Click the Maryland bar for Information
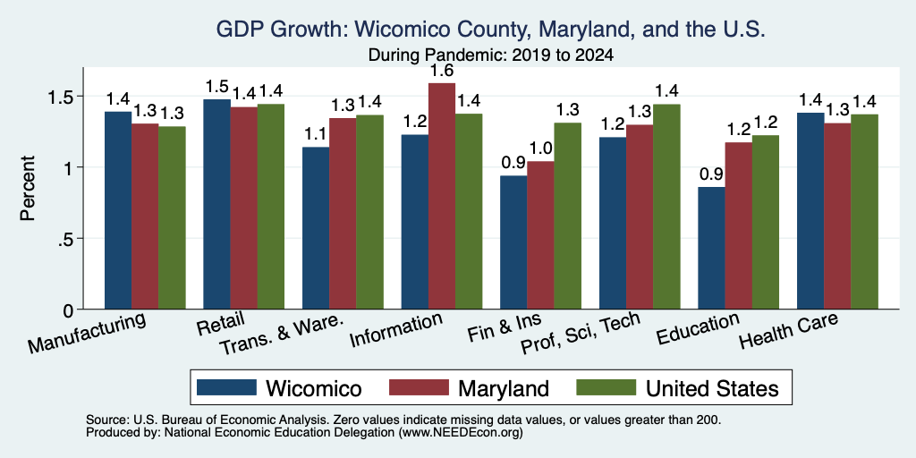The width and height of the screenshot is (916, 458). (x=442, y=196)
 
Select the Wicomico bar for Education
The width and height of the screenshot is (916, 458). (x=711, y=249)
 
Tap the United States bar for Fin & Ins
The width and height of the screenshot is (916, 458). (x=568, y=216)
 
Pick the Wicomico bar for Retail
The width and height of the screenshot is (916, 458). (x=216, y=205)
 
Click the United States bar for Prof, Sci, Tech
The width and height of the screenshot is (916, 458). (x=666, y=207)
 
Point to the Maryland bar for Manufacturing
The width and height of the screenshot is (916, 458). (x=145, y=216)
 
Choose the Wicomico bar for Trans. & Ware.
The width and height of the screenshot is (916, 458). (x=316, y=228)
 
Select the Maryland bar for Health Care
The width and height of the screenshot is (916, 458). (x=837, y=216)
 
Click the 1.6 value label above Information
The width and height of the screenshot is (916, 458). (x=442, y=72)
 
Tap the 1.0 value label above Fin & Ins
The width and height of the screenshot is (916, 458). (x=541, y=149)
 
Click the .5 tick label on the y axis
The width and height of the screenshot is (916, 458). (x=65, y=239)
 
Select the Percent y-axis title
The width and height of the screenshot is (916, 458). (x=28, y=188)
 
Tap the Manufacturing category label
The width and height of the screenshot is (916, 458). (x=87, y=333)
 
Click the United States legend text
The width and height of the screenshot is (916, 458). (x=712, y=388)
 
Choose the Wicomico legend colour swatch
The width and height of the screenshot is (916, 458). (x=226, y=387)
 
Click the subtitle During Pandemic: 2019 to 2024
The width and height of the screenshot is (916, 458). (x=491, y=55)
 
